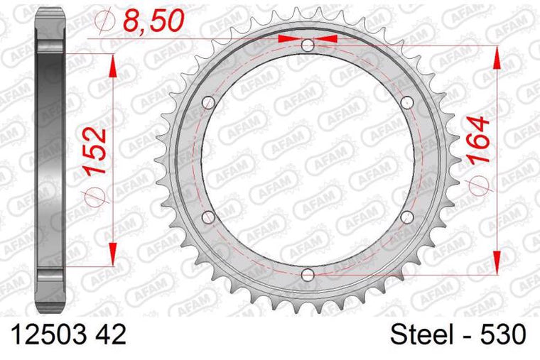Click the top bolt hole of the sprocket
(x=307, y=45)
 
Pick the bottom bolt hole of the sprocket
(x=307, y=274)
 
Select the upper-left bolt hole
(x=208, y=103)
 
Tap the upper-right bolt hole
(x=406, y=103)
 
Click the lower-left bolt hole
(x=208, y=217)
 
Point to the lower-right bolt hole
(x=406, y=217)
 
